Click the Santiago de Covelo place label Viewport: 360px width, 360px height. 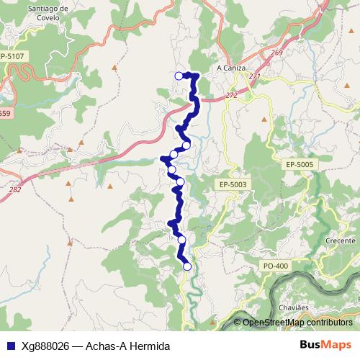point(47,12)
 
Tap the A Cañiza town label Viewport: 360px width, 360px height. point(231,68)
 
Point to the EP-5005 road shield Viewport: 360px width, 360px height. point(300,165)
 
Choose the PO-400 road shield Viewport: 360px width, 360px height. point(276,266)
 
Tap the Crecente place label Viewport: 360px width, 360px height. point(341,240)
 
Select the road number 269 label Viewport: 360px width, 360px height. point(278,53)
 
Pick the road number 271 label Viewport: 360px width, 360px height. point(253,76)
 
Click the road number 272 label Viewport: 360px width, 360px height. point(230,95)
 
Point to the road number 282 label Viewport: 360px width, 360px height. point(16,190)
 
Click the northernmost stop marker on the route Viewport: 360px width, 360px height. point(179,76)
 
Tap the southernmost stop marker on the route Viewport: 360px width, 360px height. point(187,266)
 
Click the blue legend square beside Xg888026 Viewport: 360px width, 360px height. point(10,346)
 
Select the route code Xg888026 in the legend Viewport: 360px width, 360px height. point(47,346)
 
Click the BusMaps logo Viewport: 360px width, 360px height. point(326,345)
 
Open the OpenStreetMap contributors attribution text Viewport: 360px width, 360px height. point(297,323)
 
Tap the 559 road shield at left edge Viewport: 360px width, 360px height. point(4,113)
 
